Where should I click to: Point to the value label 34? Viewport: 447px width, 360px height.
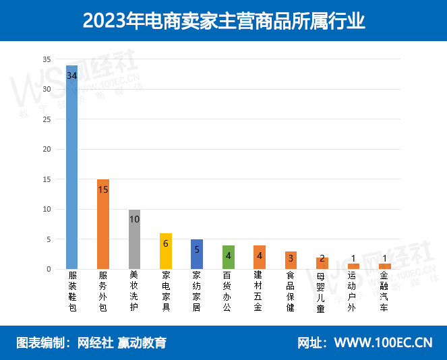click(71, 76)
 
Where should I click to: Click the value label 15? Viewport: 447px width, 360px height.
click(103, 189)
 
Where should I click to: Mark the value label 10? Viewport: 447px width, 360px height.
click(134, 219)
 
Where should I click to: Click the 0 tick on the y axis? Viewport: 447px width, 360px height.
click(49, 269)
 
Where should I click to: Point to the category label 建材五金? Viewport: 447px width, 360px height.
click(260, 291)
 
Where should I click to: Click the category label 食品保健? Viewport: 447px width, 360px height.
click(291, 291)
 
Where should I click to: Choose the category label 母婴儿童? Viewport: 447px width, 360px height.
click(322, 291)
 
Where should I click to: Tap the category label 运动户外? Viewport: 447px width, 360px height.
click(353, 291)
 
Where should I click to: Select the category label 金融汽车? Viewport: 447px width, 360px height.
click(385, 291)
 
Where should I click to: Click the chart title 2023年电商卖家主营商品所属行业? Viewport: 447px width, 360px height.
click(223, 21)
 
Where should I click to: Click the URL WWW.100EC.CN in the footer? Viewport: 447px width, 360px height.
click(384, 342)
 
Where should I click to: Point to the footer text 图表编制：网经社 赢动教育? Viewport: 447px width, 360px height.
click(91, 342)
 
